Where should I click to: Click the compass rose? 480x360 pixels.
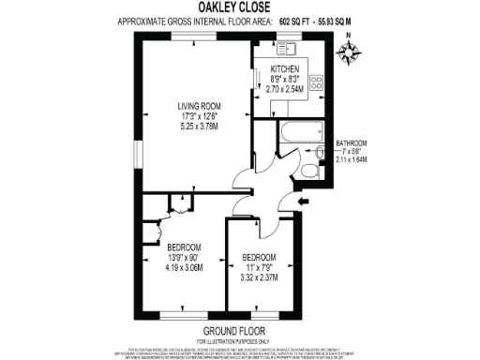349,52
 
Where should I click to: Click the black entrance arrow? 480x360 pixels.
303,201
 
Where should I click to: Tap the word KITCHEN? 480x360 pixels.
284,70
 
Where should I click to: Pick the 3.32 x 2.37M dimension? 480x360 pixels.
260,278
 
